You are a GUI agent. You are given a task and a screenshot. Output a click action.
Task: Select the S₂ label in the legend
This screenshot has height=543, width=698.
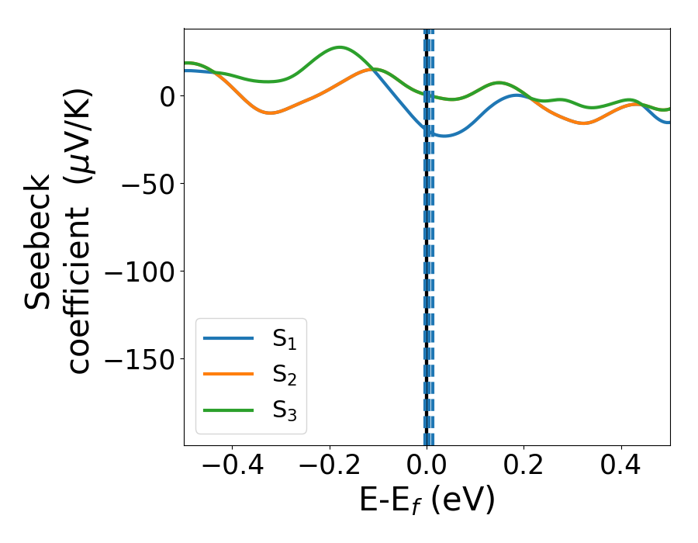[285, 375]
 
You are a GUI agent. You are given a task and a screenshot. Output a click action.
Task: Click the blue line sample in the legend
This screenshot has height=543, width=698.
[228, 338]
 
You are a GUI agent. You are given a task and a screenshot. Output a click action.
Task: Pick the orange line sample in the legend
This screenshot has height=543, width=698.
[228, 375]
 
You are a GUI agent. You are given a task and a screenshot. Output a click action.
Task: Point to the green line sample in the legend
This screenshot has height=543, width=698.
[228, 410]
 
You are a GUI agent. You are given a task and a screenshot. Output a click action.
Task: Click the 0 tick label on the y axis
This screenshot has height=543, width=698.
[167, 96]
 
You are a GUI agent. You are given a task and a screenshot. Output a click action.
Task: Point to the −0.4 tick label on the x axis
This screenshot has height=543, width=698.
[232, 467]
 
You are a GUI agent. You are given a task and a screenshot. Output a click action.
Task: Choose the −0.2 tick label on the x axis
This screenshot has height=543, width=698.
[330, 467]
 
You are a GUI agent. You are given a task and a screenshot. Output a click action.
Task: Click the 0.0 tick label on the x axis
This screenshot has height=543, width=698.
[427, 467]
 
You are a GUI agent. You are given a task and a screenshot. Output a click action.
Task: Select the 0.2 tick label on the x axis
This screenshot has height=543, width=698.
[524, 467]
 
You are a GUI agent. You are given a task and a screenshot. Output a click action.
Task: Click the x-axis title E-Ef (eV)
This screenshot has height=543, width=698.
[427, 501]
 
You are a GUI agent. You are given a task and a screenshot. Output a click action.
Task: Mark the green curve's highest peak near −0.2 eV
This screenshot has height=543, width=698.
[340, 47]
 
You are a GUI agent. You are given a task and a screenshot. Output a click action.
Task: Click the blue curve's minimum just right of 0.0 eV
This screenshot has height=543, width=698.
[442, 136]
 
